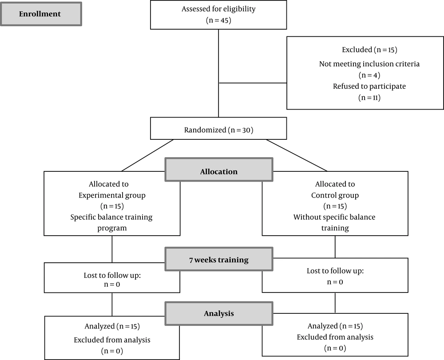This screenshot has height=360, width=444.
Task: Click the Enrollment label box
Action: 41,14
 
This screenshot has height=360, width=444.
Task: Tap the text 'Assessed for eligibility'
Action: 218,9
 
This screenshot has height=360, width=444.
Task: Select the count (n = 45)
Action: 218,20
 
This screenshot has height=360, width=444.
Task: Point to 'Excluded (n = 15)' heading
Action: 369,50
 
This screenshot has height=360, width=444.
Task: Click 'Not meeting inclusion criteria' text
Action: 369,64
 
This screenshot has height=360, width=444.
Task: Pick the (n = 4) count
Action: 369,75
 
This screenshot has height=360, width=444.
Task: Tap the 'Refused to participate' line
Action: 369,86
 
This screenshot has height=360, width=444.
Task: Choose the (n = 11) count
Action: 369,98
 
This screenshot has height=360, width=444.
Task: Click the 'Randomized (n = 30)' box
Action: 218,128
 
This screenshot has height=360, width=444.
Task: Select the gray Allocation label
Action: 219,170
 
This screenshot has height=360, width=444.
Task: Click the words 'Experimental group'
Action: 112,195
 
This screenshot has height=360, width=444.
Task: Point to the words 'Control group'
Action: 335,195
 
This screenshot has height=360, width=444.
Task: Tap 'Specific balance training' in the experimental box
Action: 111,217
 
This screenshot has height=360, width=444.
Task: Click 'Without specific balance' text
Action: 334,217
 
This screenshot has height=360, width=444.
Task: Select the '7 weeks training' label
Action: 219,259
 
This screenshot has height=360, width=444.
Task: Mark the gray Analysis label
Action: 219,313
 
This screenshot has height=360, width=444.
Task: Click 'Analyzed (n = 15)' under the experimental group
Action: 112,326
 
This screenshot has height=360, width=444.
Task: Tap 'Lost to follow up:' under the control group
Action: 335,271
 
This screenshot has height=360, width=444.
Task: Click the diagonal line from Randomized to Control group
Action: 297,155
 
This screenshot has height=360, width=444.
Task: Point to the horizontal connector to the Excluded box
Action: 253,83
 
